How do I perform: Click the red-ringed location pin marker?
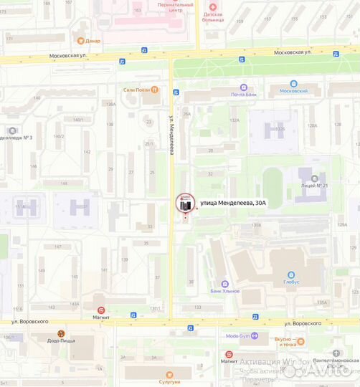pyautogui.click(x=184, y=204)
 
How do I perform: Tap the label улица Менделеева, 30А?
pyautogui.click(x=232, y=204)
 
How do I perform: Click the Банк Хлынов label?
pyautogui.click(x=225, y=291)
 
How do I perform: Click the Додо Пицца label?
pyautogui.click(x=61, y=341)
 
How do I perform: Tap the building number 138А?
pyautogui.click(x=110, y=105)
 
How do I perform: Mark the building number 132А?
pyautogui.click(x=234, y=120)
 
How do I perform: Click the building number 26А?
pyautogui.click(x=187, y=114)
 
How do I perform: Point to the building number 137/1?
pyautogui.click(x=153, y=309)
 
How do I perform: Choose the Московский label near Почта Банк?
pyautogui.click(x=293, y=91)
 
